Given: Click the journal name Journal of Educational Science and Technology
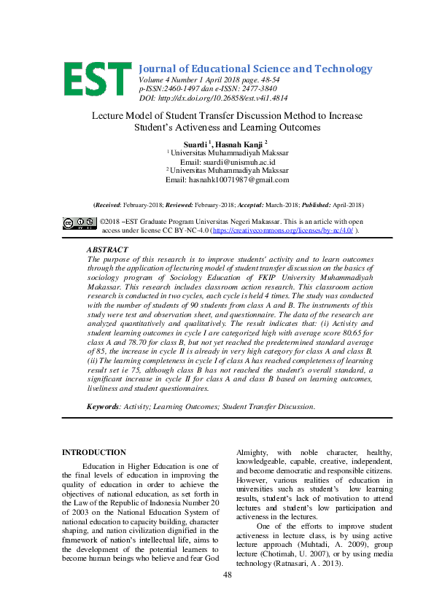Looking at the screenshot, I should click(255, 69).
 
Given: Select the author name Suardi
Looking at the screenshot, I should click(195, 144).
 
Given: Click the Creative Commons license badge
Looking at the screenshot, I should click(79, 222).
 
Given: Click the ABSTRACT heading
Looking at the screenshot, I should click(107, 250).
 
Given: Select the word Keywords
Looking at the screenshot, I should click(104, 406).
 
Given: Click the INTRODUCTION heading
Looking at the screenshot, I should click(94, 453).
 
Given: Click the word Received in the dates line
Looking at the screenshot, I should click(115, 206).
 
